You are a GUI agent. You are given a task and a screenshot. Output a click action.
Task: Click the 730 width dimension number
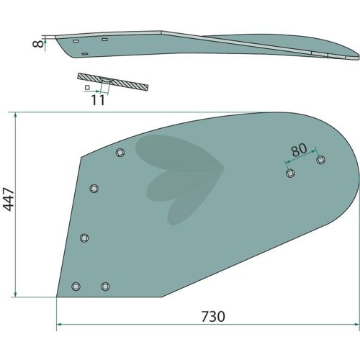[213, 317]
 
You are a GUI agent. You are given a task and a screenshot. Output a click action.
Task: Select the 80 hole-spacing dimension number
[299, 150]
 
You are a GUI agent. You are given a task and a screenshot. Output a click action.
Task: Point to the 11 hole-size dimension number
[98, 100]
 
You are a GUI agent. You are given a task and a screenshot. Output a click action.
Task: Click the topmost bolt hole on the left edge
[120, 153]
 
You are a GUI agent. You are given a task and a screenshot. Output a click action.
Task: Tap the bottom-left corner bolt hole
[76, 287]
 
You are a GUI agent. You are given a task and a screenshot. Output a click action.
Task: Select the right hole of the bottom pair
[105, 286]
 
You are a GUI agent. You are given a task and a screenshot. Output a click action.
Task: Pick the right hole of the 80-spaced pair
[321, 160]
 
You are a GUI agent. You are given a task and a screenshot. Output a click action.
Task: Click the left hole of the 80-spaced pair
[290, 173]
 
